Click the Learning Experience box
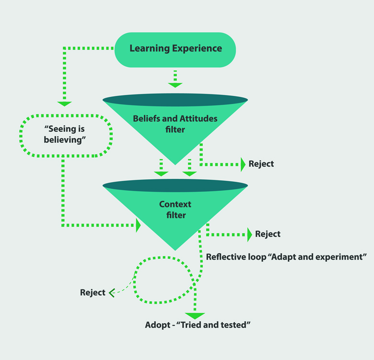(175, 49)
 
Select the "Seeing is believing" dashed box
(65, 135)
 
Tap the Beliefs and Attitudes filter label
(175, 124)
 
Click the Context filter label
(175, 210)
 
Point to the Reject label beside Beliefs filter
(261, 164)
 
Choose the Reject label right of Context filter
(268, 234)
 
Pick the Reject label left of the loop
(93, 292)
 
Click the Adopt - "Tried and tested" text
(198, 325)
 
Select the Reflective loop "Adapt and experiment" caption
(286, 256)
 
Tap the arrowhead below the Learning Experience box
(175, 85)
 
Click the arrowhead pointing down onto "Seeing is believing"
(64, 103)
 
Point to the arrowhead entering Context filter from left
(139, 225)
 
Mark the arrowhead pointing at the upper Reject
(242, 164)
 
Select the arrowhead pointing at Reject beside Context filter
(249, 234)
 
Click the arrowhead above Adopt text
(195, 316)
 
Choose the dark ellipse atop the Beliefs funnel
(175, 100)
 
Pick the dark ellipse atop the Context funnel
(175, 186)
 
